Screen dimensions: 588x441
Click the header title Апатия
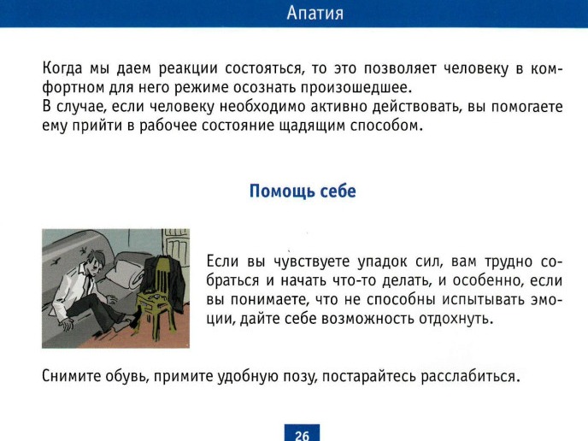pyautogui.click(x=315, y=13)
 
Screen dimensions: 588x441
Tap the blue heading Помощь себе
pyautogui.click(x=303, y=191)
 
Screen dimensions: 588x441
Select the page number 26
pyautogui.click(x=302, y=435)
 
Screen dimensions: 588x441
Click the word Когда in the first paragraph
pyautogui.click(x=62, y=68)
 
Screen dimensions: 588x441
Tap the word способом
pyautogui.click(x=386, y=126)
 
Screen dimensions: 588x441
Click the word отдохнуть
pyautogui.click(x=456, y=319)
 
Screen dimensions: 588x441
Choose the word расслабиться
pyautogui.click(x=470, y=376)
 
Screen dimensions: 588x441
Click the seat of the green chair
pyautogui.click(x=153, y=299)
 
